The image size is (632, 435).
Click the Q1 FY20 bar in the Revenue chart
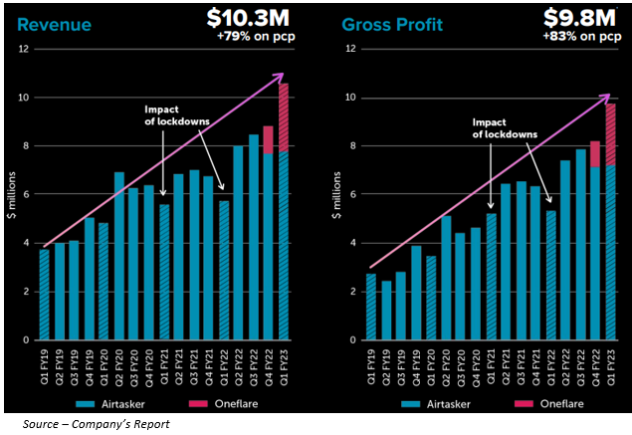[105, 295]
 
